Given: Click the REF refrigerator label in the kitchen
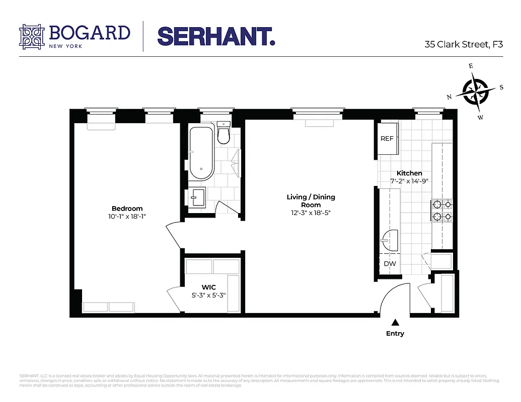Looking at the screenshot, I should [x=387, y=139].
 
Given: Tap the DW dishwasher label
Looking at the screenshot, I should [x=390, y=263].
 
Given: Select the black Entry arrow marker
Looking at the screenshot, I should [x=395, y=322].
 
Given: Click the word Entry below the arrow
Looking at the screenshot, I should [x=395, y=333].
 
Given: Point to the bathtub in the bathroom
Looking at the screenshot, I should [x=201, y=153].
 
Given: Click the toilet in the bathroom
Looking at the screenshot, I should [x=223, y=133].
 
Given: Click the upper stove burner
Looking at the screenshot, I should [x=437, y=204].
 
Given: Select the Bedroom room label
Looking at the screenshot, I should [x=127, y=209].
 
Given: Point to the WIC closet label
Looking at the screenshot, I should [x=208, y=287].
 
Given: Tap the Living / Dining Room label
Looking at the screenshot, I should [x=311, y=200].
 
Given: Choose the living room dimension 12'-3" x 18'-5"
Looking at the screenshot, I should [x=311, y=213].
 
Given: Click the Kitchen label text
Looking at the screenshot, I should [x=409, y=173].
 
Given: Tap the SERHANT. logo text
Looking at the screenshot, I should [x=216, y=36].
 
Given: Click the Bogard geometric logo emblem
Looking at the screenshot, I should [x=32, y=37].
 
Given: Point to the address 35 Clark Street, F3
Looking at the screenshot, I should [x=464, y=44].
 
